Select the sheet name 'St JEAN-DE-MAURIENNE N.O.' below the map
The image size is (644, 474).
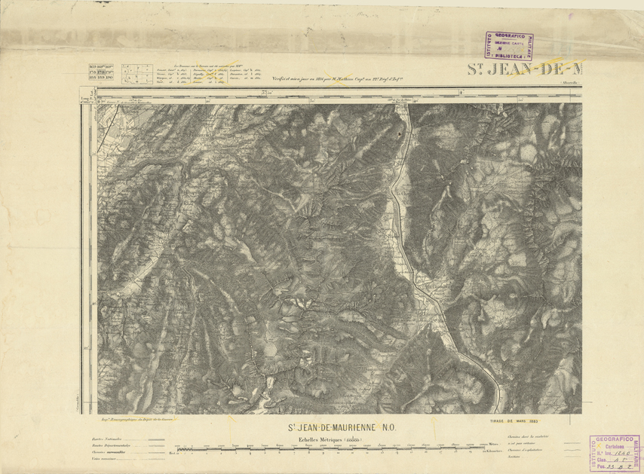347,427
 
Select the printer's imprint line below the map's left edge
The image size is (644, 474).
132,416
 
